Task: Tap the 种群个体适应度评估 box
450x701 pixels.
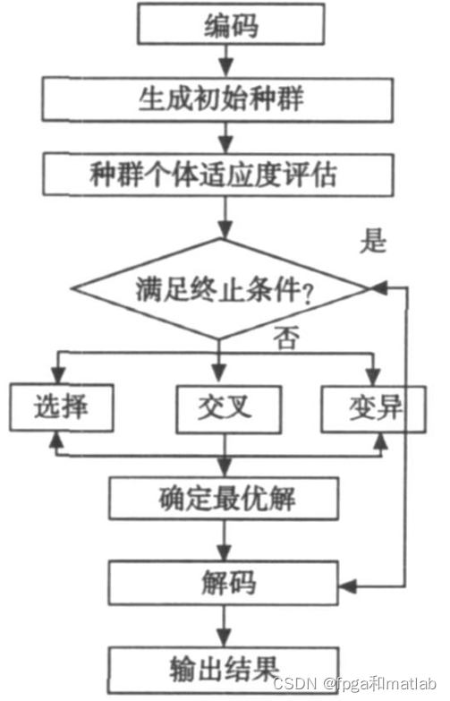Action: coord(223,173)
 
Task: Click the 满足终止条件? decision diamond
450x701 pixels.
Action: coord(220,288)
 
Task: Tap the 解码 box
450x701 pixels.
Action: coord(225,582)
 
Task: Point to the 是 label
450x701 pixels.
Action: coord(371,241)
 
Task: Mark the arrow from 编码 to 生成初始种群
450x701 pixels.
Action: coord(226,62)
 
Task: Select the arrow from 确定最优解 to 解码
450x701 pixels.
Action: coord(225,539)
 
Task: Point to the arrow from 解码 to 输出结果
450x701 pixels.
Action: coord(225,624)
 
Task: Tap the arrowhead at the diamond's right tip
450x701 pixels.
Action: coord(377,288)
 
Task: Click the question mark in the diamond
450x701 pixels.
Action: coord(310,292)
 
